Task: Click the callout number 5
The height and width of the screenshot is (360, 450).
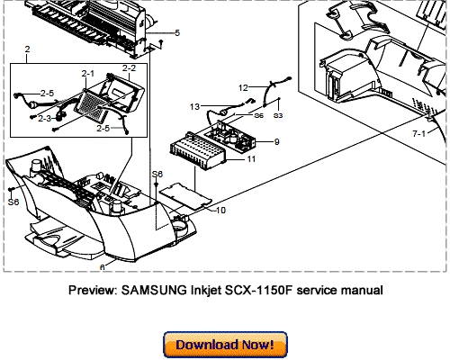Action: (176, 33)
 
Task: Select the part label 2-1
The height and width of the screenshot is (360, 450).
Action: (88, 72)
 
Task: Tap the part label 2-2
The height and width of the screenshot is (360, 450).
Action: (128, 68)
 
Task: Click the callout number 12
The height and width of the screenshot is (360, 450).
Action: (242, 87)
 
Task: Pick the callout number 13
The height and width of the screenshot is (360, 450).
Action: (193, 106)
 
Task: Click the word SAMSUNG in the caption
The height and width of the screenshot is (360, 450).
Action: (170, 290)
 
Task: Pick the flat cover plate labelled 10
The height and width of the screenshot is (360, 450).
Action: (184, 192)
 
